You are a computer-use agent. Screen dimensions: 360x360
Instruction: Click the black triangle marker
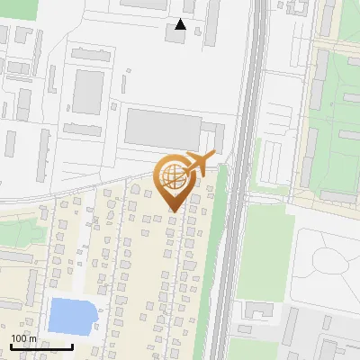pyautogui.click(x=181, y=24)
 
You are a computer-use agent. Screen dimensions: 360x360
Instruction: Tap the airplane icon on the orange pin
pyautogui.click(x=201, y=163)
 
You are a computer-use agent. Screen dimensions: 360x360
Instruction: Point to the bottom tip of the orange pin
pyautogui.click(x=174, y=211)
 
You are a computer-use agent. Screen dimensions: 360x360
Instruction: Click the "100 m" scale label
pyautogui.click(x=24, y=338)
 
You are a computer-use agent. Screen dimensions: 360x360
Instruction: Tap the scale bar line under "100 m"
pyautogui.click(x=40, y=346)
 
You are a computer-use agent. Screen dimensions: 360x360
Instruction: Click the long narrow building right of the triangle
pyautogui.click(x=213, y=22)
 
